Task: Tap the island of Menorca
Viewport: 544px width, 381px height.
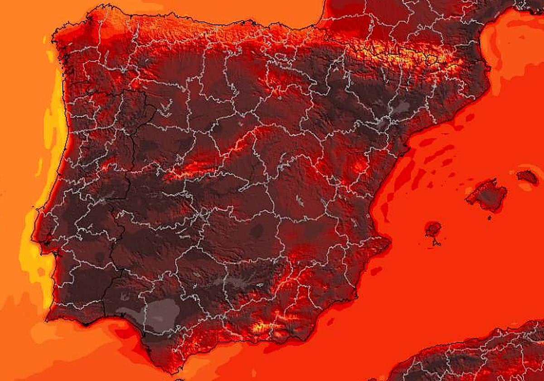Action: pyautogui.click(x=527, y=176)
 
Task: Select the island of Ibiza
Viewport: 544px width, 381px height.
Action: pyautogui.click(x=433, y=229)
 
